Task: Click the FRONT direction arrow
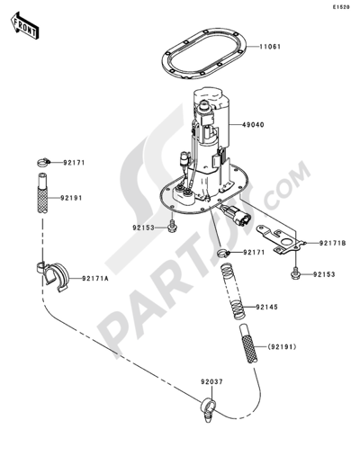click(x=24, y=25)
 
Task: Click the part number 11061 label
click(x=270, y=47)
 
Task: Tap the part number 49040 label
click(x=254, y=124)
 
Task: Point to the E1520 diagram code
click(x=340, y=7)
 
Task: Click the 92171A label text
click(x=95, y=279)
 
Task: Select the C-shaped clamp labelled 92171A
click(x=53, y=276)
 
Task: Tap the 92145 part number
click(x=267, y=308)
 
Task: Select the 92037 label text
click(x=211, y=382)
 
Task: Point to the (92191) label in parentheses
click(x=282, y=347)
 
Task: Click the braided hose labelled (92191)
click(x=249, y=344)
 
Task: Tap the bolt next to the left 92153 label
click(x=172, y=228)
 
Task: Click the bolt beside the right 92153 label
click(x=296, y=273)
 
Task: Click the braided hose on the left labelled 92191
click(x=42, y=193)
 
